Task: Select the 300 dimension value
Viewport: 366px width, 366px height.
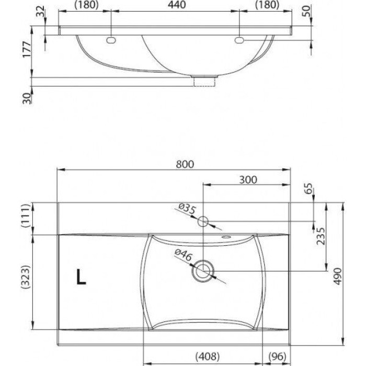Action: click(248, 179)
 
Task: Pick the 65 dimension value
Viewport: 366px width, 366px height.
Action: click(307, 188)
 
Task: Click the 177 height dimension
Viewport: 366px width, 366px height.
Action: click(28, 50)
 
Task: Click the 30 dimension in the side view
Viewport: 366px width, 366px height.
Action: click(27, 97)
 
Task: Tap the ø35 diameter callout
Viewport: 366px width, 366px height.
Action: click(187, 210)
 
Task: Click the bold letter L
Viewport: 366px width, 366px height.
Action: click(81, 277)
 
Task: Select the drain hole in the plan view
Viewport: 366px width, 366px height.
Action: click(203, 271)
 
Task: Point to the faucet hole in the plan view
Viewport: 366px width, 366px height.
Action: click(203, 222)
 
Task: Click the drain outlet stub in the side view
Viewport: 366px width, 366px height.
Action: click(204, 80)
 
